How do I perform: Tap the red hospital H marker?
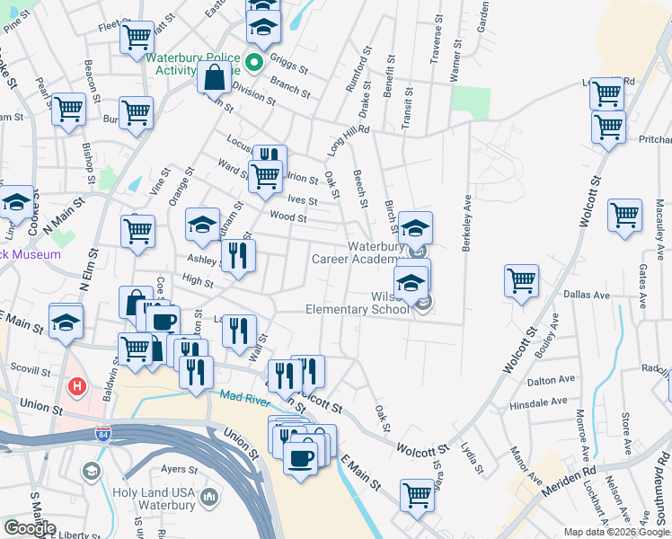coord(77,386)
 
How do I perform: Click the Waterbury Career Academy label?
coord(353,252)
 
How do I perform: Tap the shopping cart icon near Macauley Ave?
coord(624,215)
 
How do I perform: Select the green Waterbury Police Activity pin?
coord(254,62)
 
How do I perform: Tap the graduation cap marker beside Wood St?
coord(202,225)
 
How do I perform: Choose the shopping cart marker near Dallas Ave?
coord(521,280)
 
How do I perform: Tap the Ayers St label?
coord(179,469)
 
